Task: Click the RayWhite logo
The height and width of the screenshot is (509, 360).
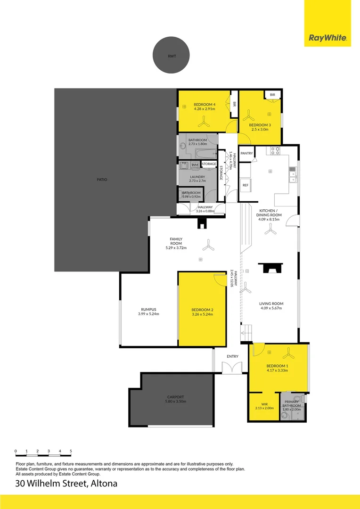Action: (327, 38)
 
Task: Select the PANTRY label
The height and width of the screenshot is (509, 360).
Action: (246, 154)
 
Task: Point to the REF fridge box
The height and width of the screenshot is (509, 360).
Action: (245, 185)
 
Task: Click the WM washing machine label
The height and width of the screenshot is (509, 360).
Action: (195, 164)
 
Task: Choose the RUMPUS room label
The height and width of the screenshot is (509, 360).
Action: (148, 309)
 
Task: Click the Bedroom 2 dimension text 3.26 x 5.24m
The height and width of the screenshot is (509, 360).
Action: (202, 314)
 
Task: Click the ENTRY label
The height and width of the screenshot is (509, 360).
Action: (232, 357)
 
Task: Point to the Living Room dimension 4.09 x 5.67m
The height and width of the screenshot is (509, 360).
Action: (271, 309)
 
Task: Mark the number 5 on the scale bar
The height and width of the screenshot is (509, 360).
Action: (71, 451)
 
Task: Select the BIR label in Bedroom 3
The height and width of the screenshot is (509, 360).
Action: (272, 95)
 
